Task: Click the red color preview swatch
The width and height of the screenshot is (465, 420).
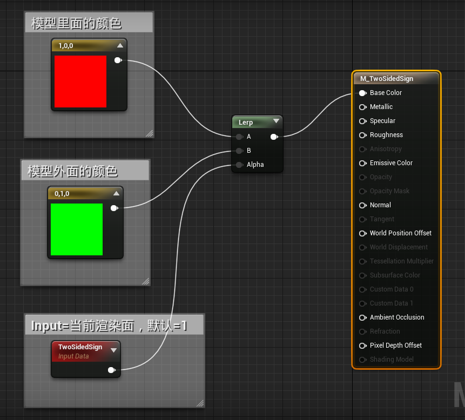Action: click(x=80, y=82)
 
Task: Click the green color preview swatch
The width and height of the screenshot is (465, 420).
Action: click(x=77, y=229)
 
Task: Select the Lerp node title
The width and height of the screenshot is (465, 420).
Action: click(x=246, y=123)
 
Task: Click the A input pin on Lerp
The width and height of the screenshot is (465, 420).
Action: click(x=239, y=137)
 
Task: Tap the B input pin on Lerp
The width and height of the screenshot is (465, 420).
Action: click(x=239, y=151)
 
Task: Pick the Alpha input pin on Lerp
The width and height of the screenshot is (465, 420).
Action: click(x=239, y=165)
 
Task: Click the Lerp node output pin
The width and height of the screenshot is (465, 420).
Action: click(x=274, y=137)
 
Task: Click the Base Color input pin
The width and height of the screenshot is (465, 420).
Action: click(x=363, y=93)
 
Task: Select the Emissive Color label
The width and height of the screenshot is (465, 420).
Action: click(x=391, y=163)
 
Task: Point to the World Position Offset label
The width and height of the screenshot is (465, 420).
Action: click(x=401, y=233)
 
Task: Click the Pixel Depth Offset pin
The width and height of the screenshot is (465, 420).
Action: click(x=363, y=346)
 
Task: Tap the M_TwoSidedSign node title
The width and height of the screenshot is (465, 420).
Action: click(x=387, y=79)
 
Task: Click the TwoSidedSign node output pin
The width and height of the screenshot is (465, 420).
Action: click(x=111, y=370)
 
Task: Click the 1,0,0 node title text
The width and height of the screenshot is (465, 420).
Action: click(x=65, y=46)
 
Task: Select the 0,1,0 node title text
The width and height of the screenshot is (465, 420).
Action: click(x=62, y=194)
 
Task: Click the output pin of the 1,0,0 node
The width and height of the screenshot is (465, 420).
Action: click(x=118, y=60)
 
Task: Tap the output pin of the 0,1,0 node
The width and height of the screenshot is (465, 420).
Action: click(x=114, y=208)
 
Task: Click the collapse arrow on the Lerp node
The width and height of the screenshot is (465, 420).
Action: click(x=276, y=121)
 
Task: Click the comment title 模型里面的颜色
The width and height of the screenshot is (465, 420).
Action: click(x=76, y=23)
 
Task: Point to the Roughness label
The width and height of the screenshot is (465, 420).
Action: click(x=386, y=135)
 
